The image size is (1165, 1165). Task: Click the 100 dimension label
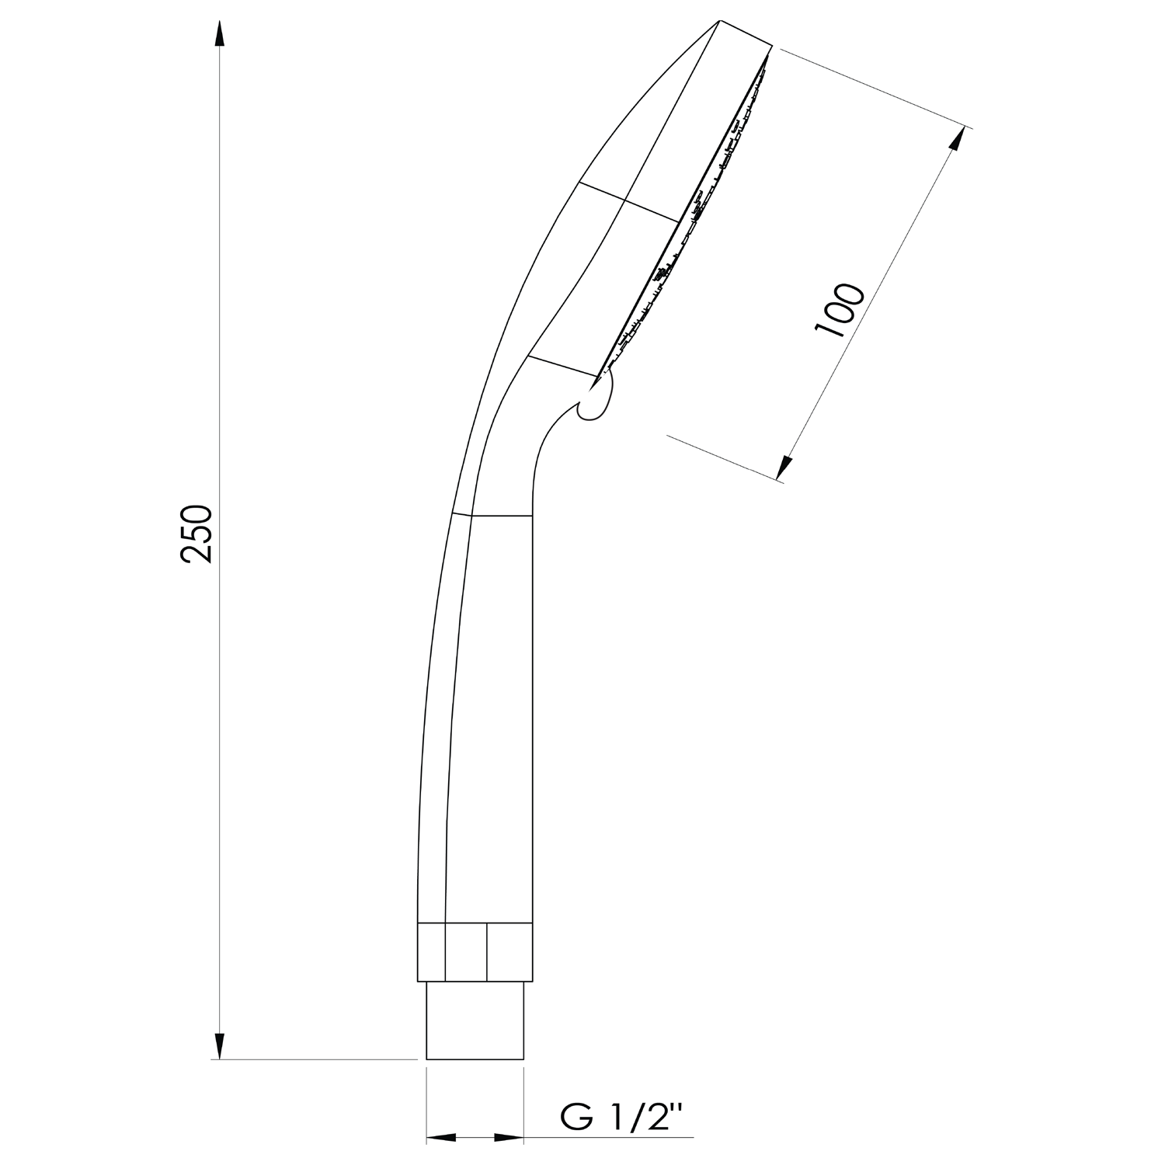(839, 310)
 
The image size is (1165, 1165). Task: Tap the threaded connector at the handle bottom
(475, 1020)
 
